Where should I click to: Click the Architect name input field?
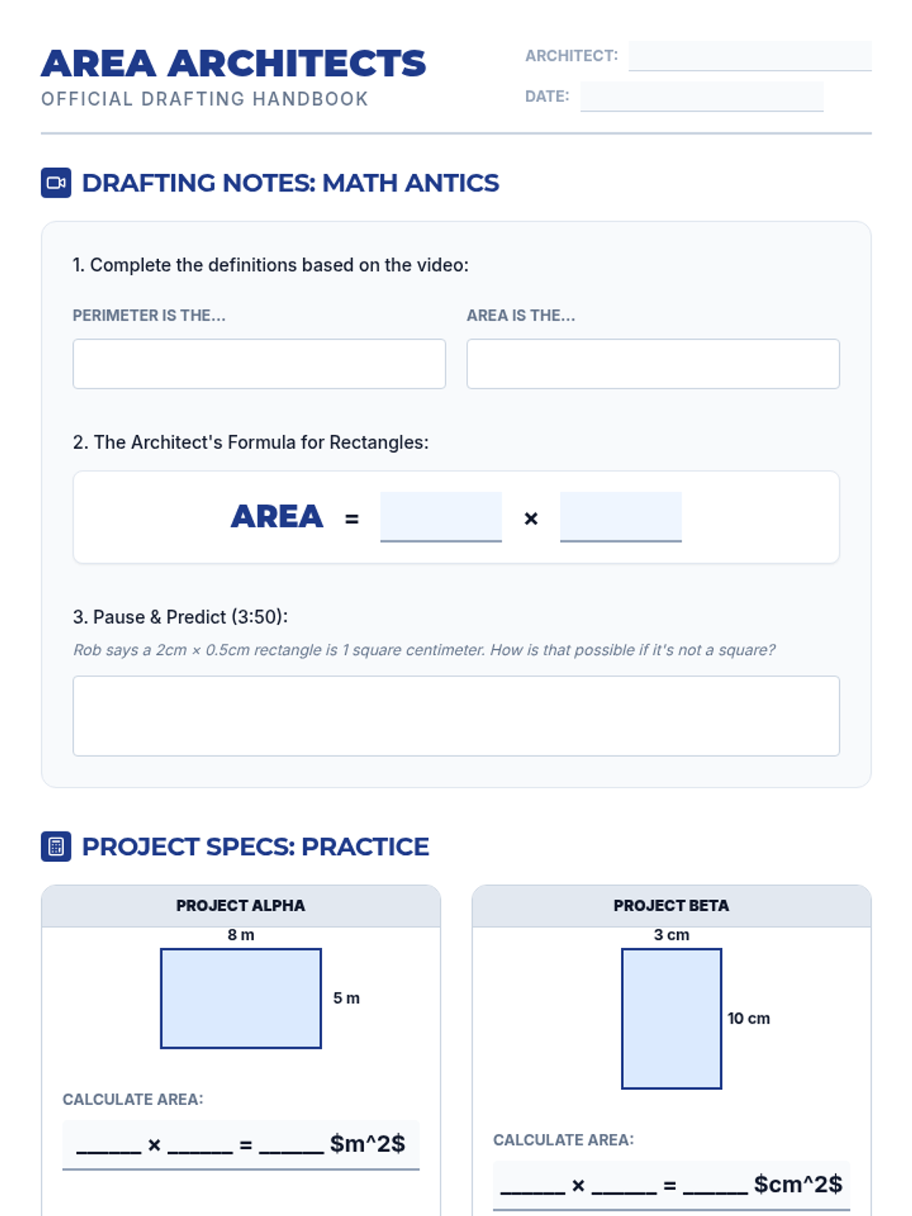tap(749, 56)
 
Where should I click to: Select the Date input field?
tap(701, 97)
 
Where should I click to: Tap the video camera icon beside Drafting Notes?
tap(56, 183)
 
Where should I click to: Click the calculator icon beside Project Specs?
tap(56, 847)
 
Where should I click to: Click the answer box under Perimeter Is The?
tap(259, 364)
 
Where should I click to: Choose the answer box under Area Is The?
tap(653, 364)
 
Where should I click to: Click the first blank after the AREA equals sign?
tap(441, 516)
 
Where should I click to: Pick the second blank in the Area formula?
tap(621, 516)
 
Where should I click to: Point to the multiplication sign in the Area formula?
tap(531, 518)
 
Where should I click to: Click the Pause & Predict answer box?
tap(456, 716)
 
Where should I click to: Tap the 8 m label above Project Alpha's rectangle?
tap(241, 935)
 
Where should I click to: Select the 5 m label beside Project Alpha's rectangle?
tap(346, 999)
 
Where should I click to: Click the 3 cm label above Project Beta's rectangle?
tap(672, 935)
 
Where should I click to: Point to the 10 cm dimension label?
tap(749, 1018)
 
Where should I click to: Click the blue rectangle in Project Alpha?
tap(241, 999)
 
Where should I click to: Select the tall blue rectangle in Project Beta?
tap(672, 1019)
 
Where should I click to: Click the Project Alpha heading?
tap(240, 906)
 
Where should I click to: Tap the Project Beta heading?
tap(671, 906)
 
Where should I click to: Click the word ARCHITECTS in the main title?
tap(297, 63)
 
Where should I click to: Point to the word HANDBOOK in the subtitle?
tap(311, 99)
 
